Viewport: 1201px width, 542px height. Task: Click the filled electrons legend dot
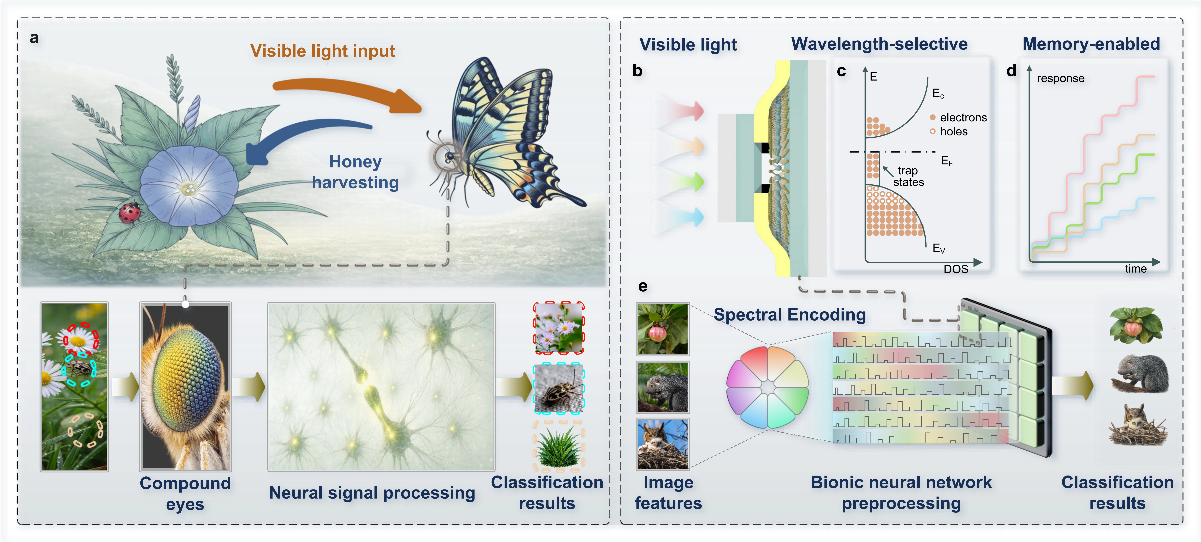pos(933,118)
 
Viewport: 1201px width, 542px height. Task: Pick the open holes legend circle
pos(933,131)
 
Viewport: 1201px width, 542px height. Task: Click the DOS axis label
pos(956,269)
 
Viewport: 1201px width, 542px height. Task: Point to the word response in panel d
pos(1061,78)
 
